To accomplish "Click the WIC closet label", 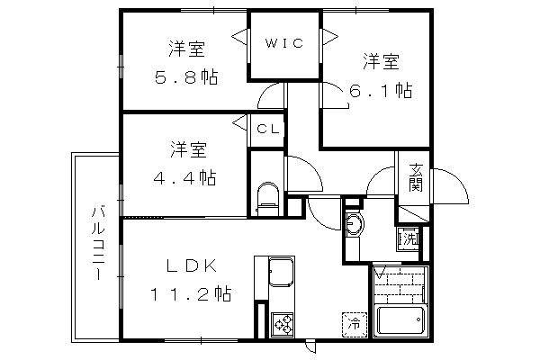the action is click(x=284, y=43).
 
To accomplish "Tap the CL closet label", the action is click(x=268, y=130).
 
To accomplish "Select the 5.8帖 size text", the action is click(x=186, y=77).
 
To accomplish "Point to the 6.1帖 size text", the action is click(x=381, y=91).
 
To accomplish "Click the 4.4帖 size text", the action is click(x=184, y=178).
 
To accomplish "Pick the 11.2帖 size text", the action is click(x=191, y=294).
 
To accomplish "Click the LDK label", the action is click(x=192, y=265).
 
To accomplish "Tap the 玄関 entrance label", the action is click(x=415, y=178).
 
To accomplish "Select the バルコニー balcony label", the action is click(x=98, y=243).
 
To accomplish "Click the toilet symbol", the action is click(x=267, y=199).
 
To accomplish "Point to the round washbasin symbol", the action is click(x=354, y=225).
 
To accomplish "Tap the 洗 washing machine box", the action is click(x=409, y=238).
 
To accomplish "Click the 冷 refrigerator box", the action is click(x=354, y=324).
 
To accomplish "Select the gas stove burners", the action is click(x=283, y=324).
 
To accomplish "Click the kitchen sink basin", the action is click(x=282, y=272).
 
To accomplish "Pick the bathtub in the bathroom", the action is click(x=400, y=320).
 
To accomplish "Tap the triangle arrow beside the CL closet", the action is click(x=239, y=122).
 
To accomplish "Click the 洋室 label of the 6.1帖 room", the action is click(x=381, y=61).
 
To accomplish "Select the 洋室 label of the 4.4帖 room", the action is click(x=188, y=150).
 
